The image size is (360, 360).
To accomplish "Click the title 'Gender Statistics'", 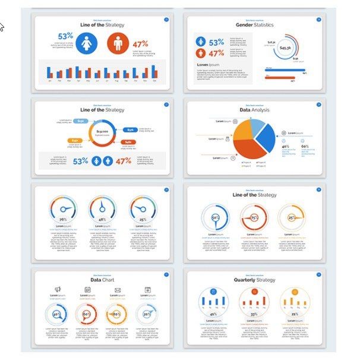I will (x=254, y=26).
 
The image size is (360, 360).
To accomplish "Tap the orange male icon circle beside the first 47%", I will (x=118, y=43).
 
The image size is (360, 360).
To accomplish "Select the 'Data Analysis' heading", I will (x=254, y=110).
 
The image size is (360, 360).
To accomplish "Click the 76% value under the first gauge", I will (x=63, y=220).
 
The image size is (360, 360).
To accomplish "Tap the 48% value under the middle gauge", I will (x=102, y=220).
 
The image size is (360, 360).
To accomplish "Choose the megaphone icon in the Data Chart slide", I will (x=58, y=289).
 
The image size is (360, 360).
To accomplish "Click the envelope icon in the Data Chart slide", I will (x=118, y=289).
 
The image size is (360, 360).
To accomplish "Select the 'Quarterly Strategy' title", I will (x=254, y=280).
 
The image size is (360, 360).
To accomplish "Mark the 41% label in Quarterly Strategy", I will (x=212, y=314).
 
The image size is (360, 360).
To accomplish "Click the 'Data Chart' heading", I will (x=102, y=280).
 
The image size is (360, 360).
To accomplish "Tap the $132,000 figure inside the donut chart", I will (x=102, y=132).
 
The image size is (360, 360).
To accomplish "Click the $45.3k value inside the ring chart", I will (x=285, y=48).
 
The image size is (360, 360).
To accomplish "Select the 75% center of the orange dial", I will (x=254, y=218).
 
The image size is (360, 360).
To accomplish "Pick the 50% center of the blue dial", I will (x=214, y=218).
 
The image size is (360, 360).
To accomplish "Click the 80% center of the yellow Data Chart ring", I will (x=117, y=314).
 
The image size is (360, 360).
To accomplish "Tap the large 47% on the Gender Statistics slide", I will (x=216, y=53).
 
